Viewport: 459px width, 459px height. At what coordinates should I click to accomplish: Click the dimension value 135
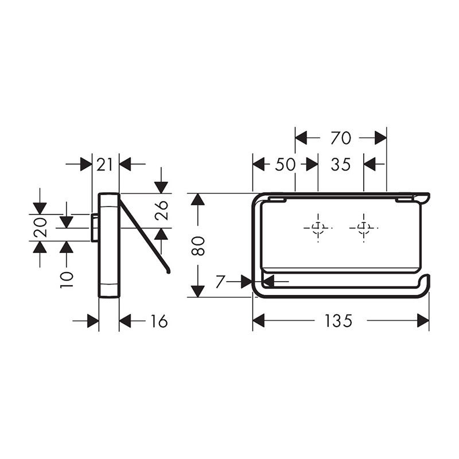[338, 321]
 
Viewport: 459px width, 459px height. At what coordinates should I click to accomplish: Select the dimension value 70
[341, 138]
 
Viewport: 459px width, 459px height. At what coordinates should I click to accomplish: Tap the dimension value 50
[285, 165]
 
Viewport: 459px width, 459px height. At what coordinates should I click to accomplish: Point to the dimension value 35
[341, 165]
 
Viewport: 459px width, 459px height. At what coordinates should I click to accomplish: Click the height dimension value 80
[198, 246]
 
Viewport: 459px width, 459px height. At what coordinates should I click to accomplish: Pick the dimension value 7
[220, 282]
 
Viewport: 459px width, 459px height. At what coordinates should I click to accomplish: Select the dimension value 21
[104, 165]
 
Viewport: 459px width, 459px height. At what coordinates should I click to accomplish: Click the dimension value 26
[161, 210]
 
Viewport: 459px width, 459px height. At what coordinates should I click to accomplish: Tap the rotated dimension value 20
[40, 227]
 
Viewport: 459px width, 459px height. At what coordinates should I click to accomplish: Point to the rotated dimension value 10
[67, 279]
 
